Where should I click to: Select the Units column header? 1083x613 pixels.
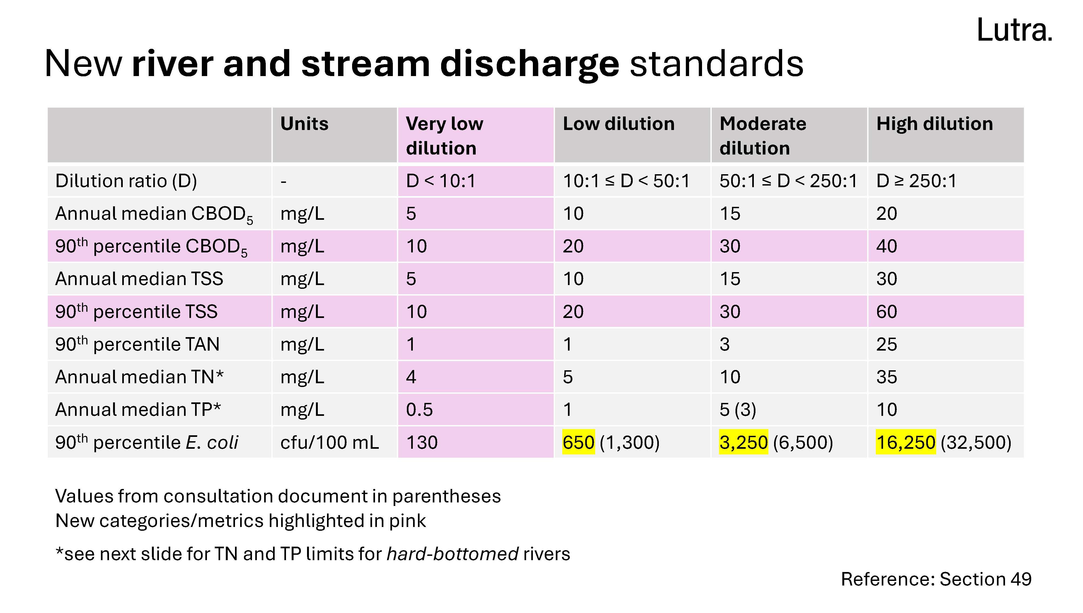click(x=304, y=124)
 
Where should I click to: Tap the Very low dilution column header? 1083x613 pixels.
click(x=444, y=136)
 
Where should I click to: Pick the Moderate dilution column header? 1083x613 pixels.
click(x=762, y=136)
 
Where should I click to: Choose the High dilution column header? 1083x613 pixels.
click(x=934, y=124)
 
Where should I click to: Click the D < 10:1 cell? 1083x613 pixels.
click(x=440, y=181)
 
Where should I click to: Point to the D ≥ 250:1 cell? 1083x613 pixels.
click(x=916, y=181)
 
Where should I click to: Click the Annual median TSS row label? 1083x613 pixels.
click(x=139, y=279)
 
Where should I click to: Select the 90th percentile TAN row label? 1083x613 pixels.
click(x=137, y=344)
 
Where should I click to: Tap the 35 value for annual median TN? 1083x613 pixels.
click(x=886, y=377)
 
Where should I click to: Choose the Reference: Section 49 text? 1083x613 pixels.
click(x=936, y=579)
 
